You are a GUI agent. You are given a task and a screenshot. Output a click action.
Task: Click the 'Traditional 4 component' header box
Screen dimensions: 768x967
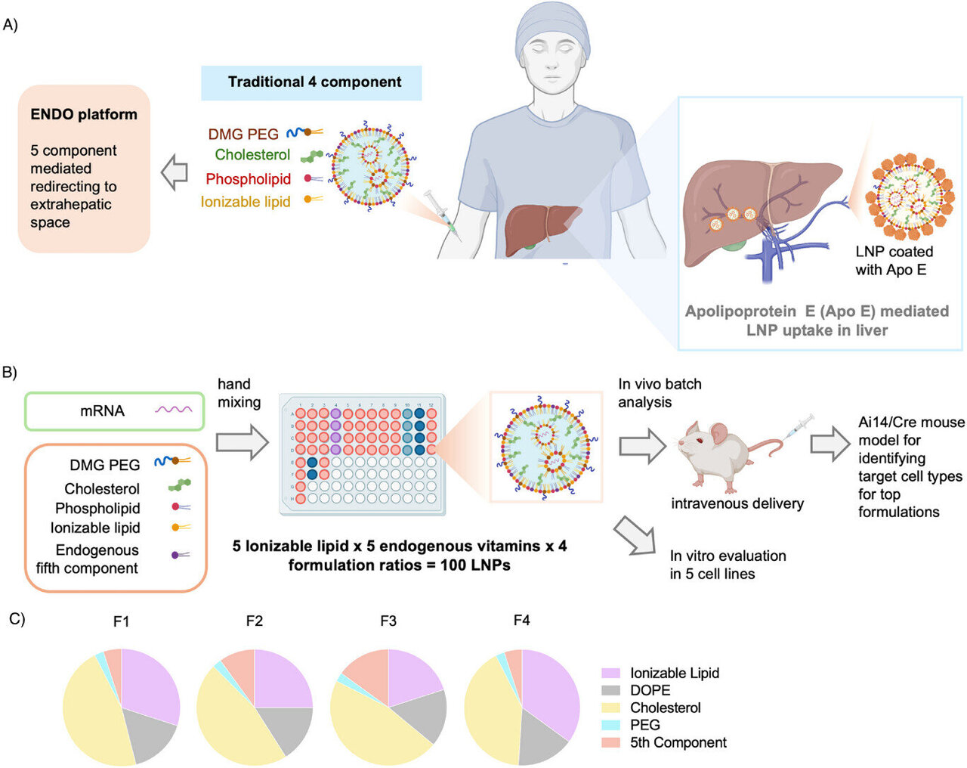pyautogui.click(x=311, y=82)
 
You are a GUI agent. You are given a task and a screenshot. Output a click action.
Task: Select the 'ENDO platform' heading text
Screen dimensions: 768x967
pyautogui.click(x=84, y=115)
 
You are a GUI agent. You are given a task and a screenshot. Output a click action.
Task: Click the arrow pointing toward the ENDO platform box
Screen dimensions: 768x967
pyautogui.click(x=175, y=173)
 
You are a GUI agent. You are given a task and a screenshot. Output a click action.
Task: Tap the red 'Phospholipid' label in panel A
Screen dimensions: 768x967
pyautogui.click(x=248, y=179)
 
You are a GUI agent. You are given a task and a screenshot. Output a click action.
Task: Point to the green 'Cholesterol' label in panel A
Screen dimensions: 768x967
pyautogui.click(x=252, y=155)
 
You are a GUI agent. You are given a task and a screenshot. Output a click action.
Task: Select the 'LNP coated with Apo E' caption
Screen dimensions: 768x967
pyautogui.click(x=894, y=261)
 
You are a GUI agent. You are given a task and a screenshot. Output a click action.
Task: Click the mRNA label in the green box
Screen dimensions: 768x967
pyautogui.click(x=102, y=411)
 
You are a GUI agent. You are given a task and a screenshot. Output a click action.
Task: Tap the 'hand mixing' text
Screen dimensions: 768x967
pyautogui.click(x=239, y=393)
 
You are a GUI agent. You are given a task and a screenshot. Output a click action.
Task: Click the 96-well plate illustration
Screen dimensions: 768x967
pyautogui.click(x=363, y=454)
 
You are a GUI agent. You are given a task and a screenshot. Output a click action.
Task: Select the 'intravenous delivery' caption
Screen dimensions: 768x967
pyautogui.click(x=737, y=503)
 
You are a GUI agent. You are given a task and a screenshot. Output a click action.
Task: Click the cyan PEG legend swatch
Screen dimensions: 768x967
pyautogui.click(x=610, y=725)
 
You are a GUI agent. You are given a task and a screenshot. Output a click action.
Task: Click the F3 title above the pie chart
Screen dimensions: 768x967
pyautogui.click(x=388, y=621)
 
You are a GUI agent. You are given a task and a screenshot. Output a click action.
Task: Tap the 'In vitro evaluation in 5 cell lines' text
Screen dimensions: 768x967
pyautogui.click(x=728, y=565)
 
